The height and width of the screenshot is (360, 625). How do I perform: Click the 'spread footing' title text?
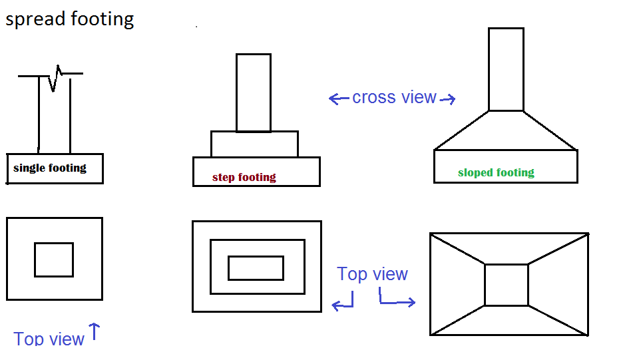pyautogui.click(x=70, y=19)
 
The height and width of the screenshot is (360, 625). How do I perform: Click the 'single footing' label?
pyautogui.click(x=50, y=168)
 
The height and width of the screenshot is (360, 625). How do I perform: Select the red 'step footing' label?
pyautogui.click(x=244, y=177)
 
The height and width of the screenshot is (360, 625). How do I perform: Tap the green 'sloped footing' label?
pyautogui.click(x=496, y=172)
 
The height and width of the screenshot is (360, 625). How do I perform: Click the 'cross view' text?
pyautogui.click(x=394, y=97)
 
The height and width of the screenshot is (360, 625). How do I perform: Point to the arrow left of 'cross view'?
pyautogui.click(x=339, y=99)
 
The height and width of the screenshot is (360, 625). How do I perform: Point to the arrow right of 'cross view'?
pyautogui.click(x=448, y=100)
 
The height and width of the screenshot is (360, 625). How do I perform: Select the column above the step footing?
pyautogui.click(x=254, y=92)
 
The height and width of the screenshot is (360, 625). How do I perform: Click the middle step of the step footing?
pyautogui.click(x=254, y=144)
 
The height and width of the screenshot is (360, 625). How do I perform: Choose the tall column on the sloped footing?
pyautogui.click(x=506, y=69)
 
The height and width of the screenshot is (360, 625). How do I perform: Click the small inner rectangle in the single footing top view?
pyautogui.click(x=54, y=260)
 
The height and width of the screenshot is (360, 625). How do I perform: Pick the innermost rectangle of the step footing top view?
pyautogui.click(x=256, y=268)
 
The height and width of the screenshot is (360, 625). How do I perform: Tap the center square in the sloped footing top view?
pyautogui.click(x=507, y=285)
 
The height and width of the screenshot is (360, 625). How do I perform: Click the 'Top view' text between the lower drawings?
pyautogui.click(x=372, y=273)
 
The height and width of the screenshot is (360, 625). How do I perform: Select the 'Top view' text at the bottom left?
pyautogui.click(x=49, y=339)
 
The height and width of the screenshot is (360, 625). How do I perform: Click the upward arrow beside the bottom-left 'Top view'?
pyautogui.click(x=94, y=331)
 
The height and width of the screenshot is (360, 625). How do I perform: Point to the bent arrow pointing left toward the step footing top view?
pyautogui.click(x=343, y=303)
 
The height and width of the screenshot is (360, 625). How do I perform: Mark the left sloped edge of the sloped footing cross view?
pyautogui.click(x=461, y=130)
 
